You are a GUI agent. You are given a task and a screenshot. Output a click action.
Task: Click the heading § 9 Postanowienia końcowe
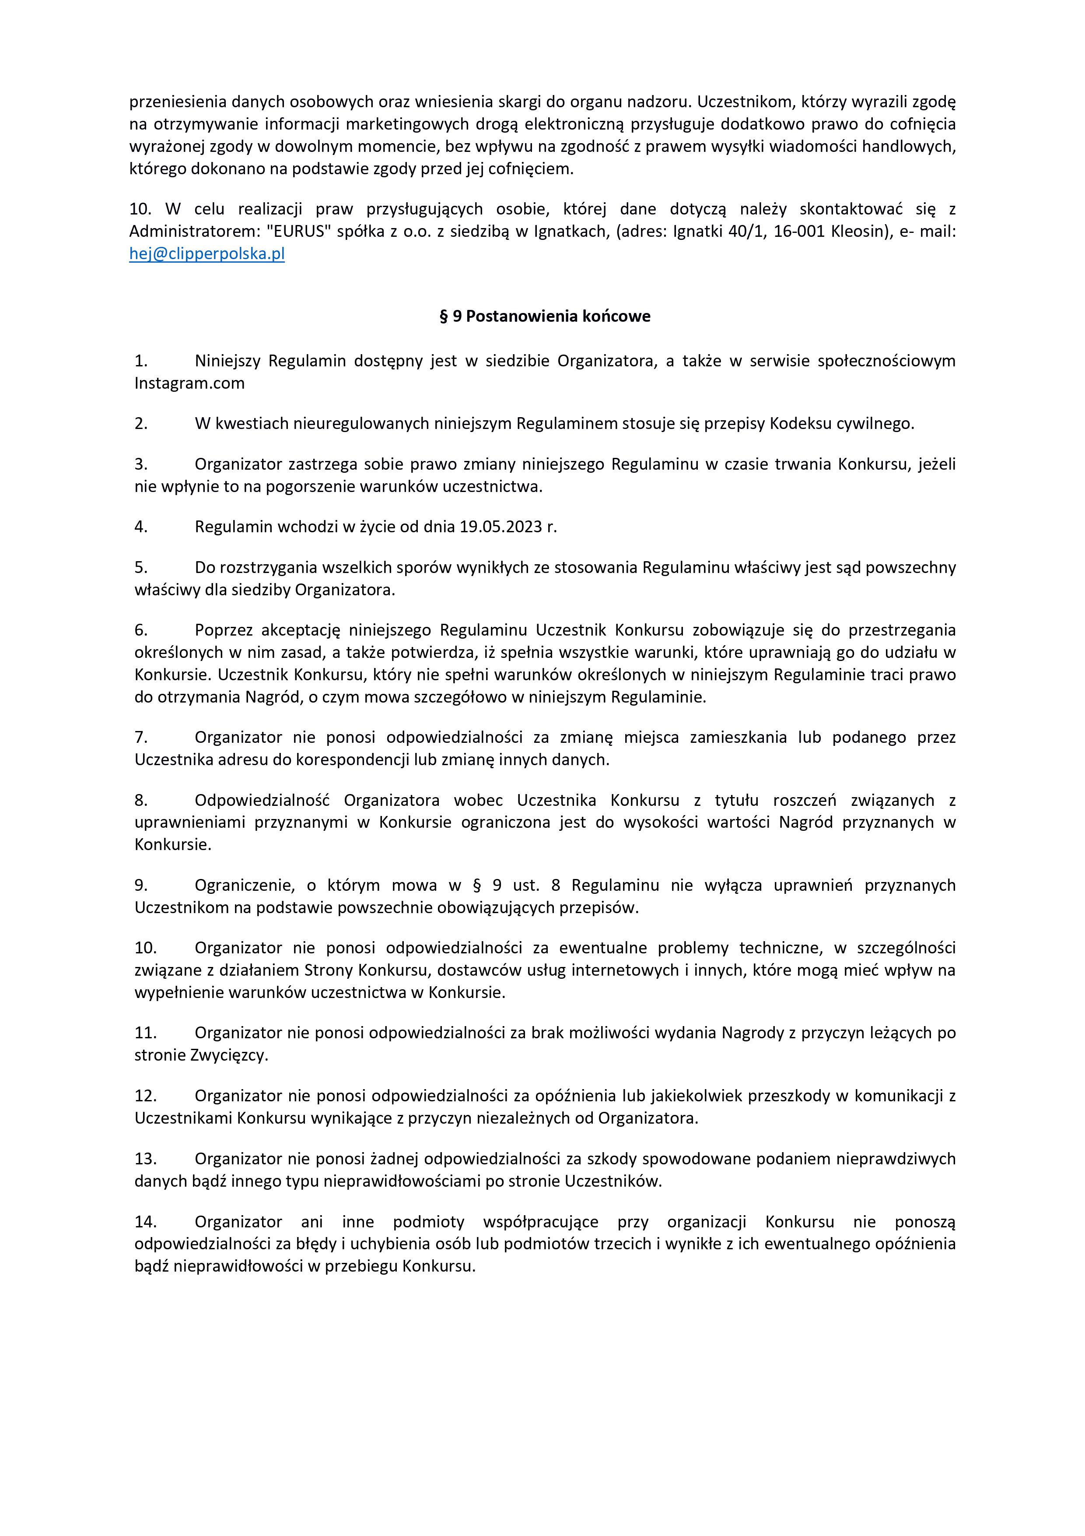(x=544, y=316)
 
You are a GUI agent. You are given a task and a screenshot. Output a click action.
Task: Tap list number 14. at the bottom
(x=145, y=1222)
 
